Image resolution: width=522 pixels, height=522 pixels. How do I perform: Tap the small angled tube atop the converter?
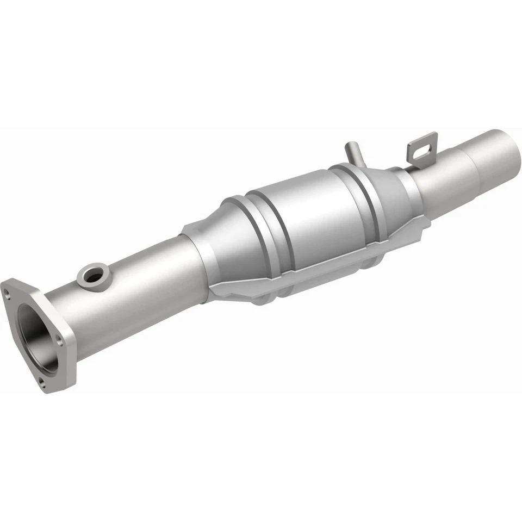[x=352, y=153]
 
